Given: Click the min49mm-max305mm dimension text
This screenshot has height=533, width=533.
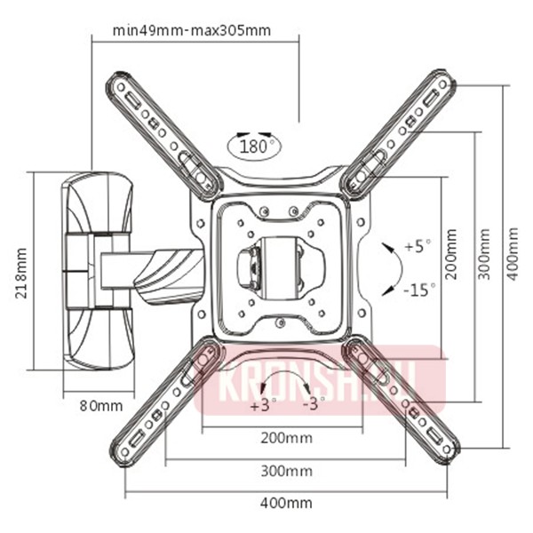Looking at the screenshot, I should click(x=192, y=30).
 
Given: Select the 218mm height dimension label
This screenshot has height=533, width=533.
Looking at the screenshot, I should click(x=20, y=270).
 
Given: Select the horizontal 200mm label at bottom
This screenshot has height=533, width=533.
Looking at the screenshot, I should click(x=285, y=438).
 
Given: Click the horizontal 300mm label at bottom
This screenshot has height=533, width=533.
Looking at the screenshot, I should click(x=285, y=470).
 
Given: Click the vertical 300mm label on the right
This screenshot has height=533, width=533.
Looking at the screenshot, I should click(x=483, y=253).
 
